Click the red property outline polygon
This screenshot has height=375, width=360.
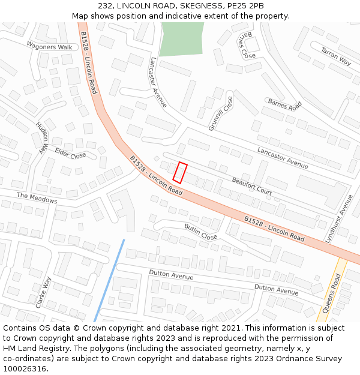[x=180, y=173]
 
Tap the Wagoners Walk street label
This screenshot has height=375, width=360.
[x=49, y=46]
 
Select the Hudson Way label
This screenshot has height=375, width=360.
[x=41, y=139]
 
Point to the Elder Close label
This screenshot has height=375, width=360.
[x=70, y=154]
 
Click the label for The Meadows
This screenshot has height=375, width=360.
[x=37, y=198]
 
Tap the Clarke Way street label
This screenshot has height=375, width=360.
[x=43, y=293]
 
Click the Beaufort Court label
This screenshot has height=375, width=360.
[x=251, y=186]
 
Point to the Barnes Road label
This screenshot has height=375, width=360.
[x=284, y=104]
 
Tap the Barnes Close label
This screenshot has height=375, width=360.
[x=247, y=45]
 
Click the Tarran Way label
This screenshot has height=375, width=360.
[x=336, y=56]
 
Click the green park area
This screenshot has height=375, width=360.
[x=181, y=39]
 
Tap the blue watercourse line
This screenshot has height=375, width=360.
[x=109, y=281]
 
